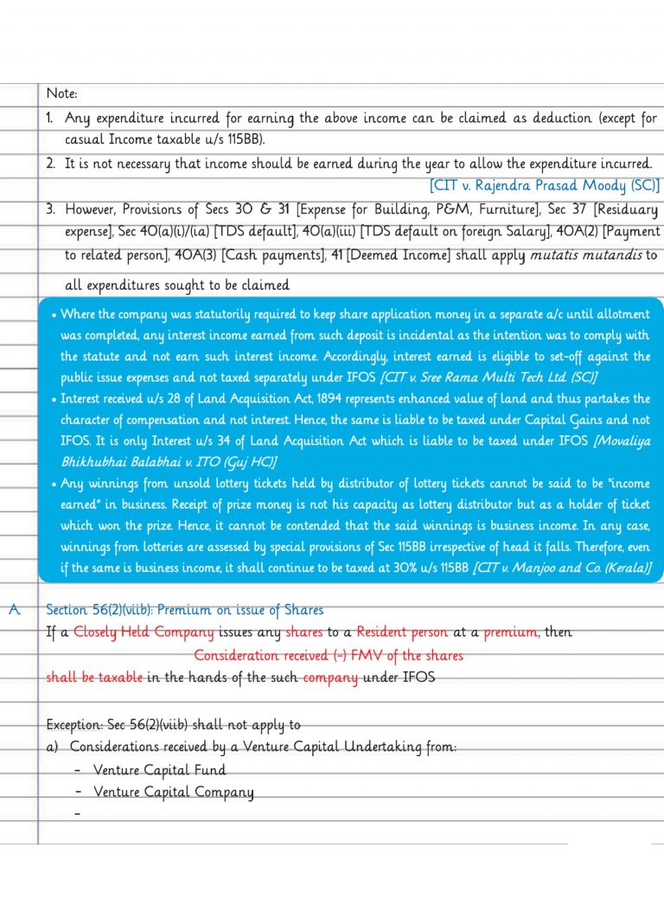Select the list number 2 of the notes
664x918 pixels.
51,163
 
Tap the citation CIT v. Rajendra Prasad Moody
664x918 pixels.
544,185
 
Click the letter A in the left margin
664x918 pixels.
14,610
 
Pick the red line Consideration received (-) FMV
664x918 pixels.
328,655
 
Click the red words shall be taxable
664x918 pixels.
94,677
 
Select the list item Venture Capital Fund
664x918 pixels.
160,769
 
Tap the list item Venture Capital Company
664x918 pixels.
174,792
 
